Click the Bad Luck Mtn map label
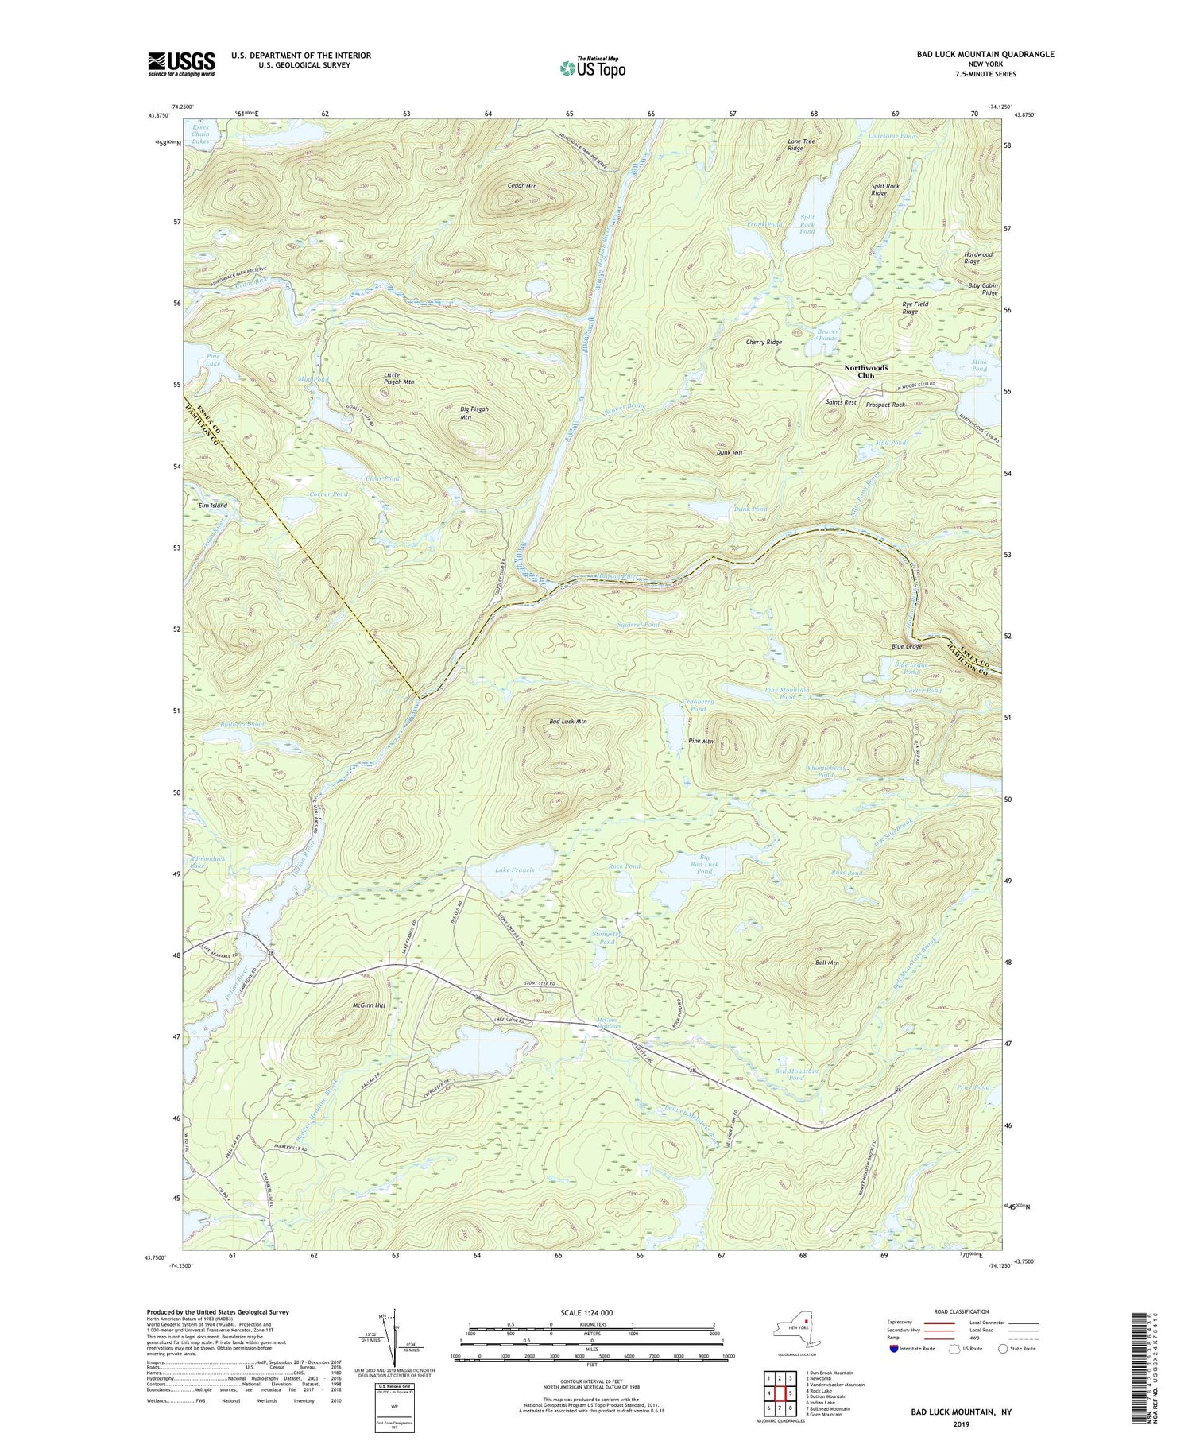point(567,722)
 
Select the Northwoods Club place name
point(865,372)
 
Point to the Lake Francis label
point(514,870)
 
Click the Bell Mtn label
point(827,963)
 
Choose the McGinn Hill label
point(368,1005)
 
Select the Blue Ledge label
point(903,647)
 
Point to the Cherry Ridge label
point(763,342)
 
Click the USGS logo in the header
point(181,64)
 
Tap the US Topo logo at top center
point(592,68)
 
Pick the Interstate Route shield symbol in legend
point(893,1349)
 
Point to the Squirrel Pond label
point(638,625)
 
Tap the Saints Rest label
point(841,402)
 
